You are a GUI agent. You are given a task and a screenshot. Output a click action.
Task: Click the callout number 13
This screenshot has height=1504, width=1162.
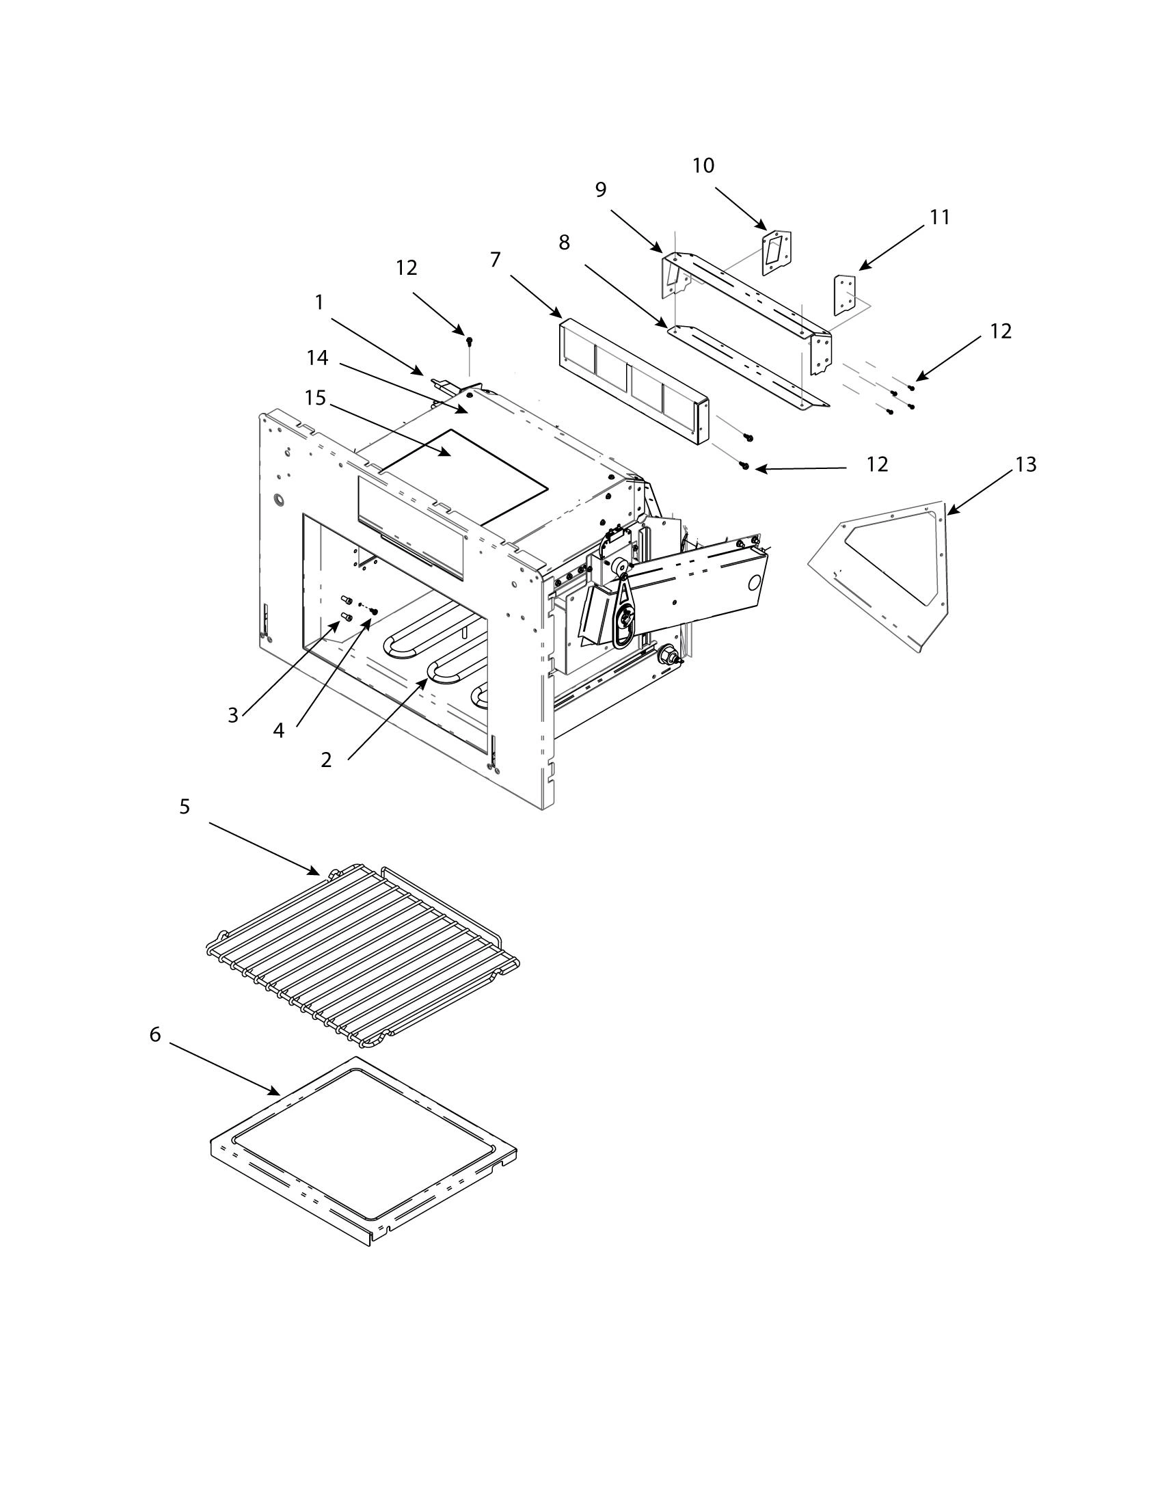1025,465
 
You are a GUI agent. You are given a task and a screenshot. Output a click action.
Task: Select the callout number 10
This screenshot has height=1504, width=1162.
703,165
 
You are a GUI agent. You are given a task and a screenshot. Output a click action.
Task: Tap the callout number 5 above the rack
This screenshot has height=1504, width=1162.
185,807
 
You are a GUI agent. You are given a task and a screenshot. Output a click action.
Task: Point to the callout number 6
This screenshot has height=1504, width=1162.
155,1054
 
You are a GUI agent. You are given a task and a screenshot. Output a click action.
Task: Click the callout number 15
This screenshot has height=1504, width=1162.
315,399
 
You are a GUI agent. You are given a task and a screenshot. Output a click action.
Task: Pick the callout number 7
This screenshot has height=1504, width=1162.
495,260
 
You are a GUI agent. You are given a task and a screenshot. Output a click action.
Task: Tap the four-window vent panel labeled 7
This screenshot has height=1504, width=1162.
630,383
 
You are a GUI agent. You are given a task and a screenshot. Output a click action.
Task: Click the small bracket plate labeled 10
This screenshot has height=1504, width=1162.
776,254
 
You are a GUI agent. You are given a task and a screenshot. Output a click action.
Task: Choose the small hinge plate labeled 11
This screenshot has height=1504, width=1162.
845,294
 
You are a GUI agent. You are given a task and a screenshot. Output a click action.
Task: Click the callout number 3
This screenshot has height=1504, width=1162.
232,716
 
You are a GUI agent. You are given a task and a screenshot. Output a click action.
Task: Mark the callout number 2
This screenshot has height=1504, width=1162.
325,760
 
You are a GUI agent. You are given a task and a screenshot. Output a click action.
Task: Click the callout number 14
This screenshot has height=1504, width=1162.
317,358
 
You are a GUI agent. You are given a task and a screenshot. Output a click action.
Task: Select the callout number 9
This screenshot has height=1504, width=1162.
600,190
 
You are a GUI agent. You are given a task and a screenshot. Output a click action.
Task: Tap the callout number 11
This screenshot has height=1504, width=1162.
939,217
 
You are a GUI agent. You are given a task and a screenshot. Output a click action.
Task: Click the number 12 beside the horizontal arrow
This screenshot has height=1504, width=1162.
877,465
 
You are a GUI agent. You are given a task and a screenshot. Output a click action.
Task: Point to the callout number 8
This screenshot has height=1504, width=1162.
564,243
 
